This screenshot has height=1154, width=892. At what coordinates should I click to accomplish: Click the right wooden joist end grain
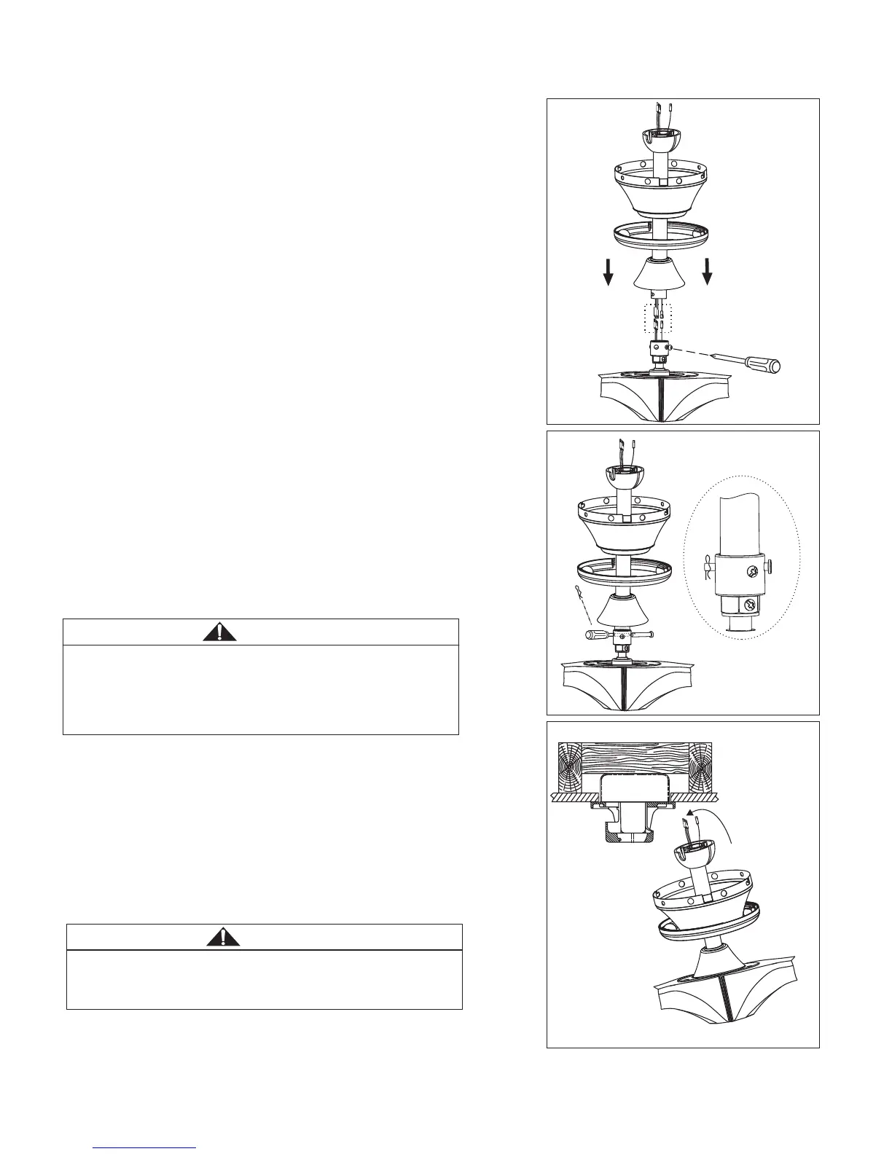tap(700, 767)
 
